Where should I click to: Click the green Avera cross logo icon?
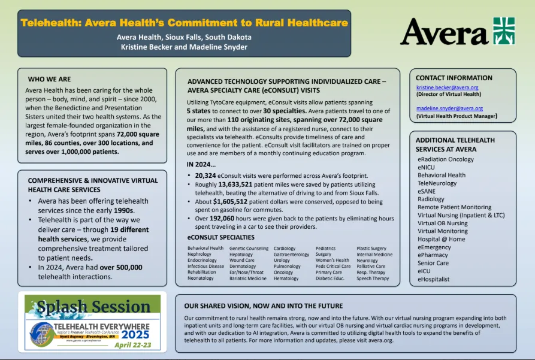(504, 31)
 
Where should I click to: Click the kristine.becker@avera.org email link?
(447, 87)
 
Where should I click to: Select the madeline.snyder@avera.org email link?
(449, 108)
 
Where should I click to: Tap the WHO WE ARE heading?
(49, 79)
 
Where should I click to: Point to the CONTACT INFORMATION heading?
(454, 78)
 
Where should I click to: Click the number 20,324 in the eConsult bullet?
(207, 176)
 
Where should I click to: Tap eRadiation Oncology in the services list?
(446, 159)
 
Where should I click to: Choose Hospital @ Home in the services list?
(442, 239)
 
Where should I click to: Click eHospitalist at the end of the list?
(434, 279)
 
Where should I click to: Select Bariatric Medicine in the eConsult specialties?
(248, 278)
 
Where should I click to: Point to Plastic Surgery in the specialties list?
(371, 248)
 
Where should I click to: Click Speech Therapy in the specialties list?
(373, 278)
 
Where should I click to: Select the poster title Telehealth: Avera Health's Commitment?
(184, 23)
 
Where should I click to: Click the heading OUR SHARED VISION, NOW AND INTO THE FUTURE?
(264, 305)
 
